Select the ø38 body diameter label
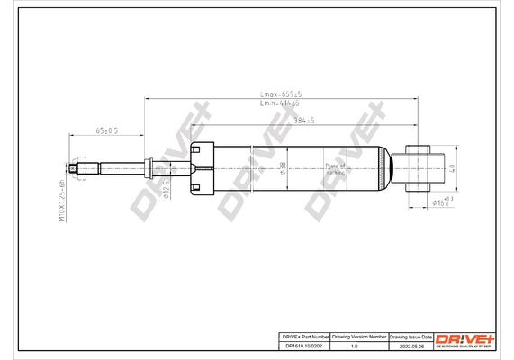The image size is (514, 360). point(284,166)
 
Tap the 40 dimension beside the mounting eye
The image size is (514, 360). point(454,166)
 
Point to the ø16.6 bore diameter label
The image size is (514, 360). point(438,204)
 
